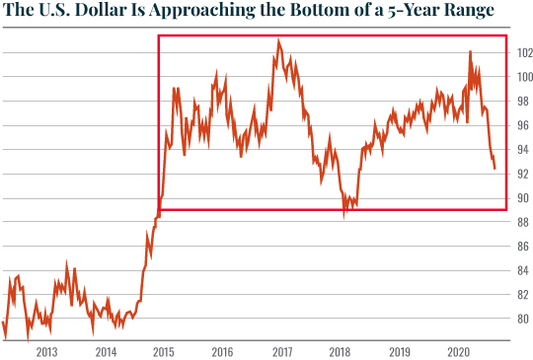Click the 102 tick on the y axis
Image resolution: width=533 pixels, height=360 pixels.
point(523,52)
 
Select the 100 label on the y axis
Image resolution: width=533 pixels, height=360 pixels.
point(523,77)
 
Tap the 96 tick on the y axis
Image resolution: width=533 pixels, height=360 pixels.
point(523,125)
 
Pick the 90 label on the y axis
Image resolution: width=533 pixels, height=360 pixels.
point(523,198)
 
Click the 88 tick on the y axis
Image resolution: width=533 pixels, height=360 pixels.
point(523,222)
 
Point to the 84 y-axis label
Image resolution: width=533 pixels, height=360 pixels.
point(523,270)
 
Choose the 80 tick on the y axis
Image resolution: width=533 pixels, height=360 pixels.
point(523,319)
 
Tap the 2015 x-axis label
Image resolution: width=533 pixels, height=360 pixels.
point(164,351)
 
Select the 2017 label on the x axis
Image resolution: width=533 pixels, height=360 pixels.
point(282,351)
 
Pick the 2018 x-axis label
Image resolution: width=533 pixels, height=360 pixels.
point(342,351)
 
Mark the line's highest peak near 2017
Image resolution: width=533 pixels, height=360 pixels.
point(279,40)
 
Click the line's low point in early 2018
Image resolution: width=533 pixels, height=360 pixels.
point(344,213)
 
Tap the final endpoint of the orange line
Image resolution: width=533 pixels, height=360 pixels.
point(495,169)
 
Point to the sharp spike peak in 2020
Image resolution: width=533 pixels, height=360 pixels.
point(470,51)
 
